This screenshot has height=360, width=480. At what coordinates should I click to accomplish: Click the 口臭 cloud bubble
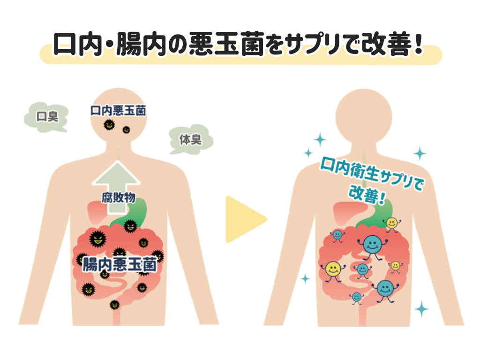point(46,115)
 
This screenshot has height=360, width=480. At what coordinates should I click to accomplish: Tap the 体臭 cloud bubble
point(190,139)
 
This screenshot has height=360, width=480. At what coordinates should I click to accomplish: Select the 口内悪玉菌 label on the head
point(118,111)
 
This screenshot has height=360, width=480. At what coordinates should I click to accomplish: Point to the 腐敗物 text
point(118,197)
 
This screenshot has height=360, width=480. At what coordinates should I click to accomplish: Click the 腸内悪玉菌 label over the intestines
point(119,265)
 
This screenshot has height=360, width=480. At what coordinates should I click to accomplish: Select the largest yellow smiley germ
point(333,269)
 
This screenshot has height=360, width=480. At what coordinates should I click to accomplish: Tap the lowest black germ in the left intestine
point(113,305)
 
